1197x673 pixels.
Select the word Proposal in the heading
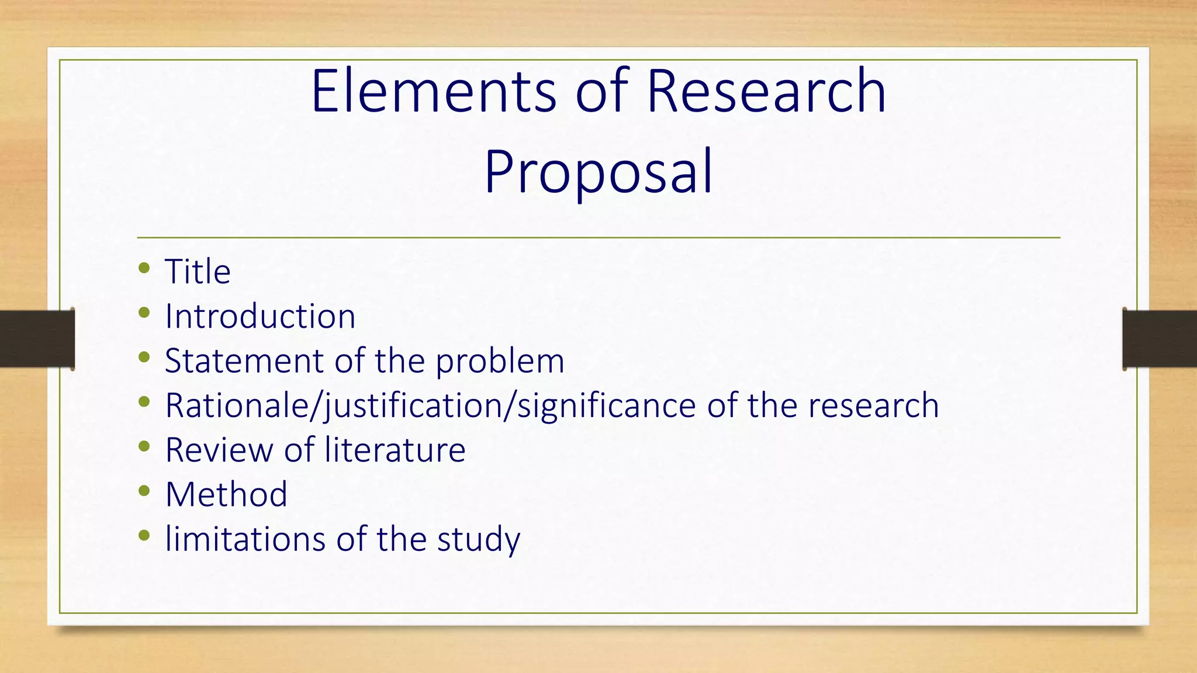[598, 172]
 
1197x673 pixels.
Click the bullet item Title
[198, 272]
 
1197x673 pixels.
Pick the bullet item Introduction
[260, 317]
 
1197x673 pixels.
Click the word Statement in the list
[244, 361]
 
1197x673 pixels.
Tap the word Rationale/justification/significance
[430, 406]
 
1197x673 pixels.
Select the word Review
[219, 450]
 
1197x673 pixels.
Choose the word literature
[395, 450]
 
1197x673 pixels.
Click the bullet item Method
[226, 495]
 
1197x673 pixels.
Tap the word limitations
[245, 539]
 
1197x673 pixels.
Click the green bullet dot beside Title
[144, 268]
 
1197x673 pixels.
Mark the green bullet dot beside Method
[144, 491]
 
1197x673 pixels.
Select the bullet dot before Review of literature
[144, 446]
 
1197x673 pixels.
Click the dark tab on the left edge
[37, 339]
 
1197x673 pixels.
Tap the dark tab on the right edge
[1160, 339]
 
